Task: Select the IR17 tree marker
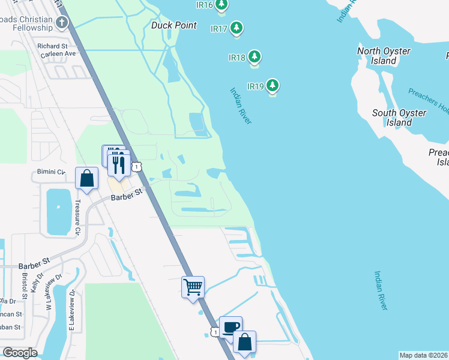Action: coord(237,28)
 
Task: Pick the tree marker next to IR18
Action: coord(255,57)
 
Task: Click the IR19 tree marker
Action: coord(273,85)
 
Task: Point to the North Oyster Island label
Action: coord(384,56)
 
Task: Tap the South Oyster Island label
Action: coord(399,118)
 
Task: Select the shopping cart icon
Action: coord(193,287)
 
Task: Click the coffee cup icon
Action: coord(231,327)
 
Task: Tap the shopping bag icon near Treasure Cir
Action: coord(87,178)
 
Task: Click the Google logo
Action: coord(20,353)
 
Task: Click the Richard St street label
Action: coord(52,46)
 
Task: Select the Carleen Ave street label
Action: coord(57,53)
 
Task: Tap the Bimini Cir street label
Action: coord(50,172)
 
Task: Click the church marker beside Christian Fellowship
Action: coord(61,23)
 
